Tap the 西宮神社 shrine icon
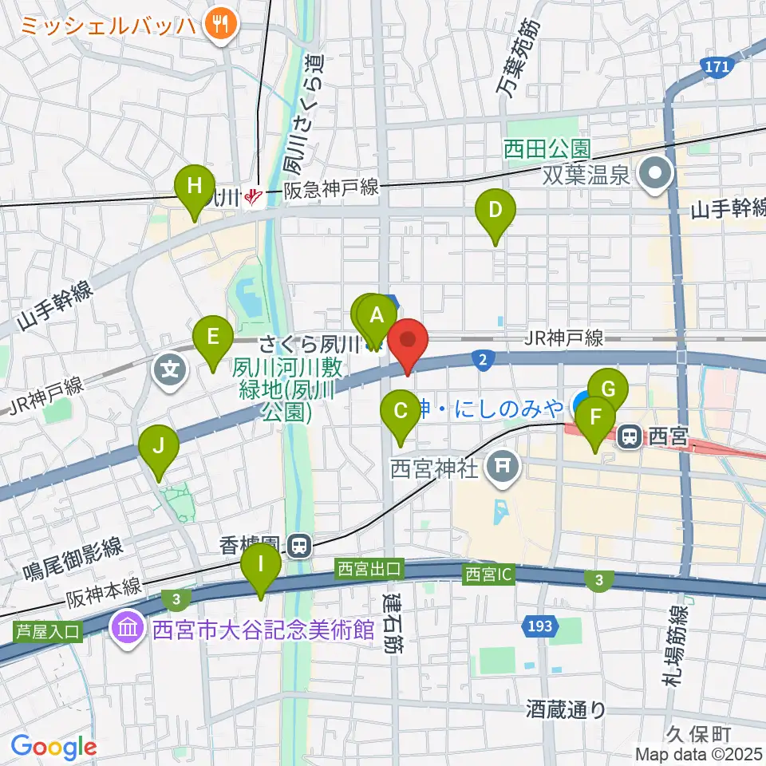[502, 464]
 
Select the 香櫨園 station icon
[300, 546]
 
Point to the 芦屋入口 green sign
[47, 632]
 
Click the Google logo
[53, 747]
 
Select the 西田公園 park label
[547, 148]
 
